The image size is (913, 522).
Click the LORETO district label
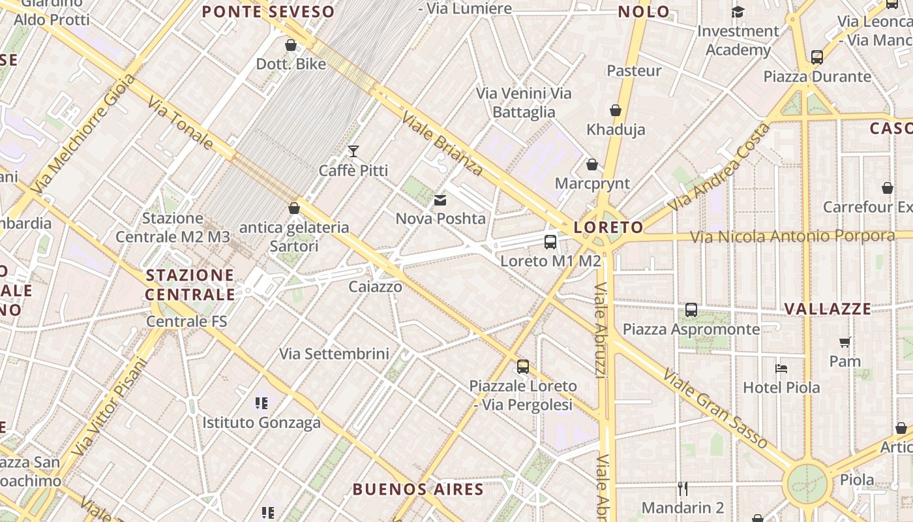tap(608, 227)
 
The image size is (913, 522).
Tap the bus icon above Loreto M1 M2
tap(550, 242)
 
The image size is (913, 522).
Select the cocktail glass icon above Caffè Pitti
tap(353, 151)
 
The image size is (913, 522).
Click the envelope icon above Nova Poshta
tap(440, 200)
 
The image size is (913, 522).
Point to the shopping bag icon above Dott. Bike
tap(291, 45)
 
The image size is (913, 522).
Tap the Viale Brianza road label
tap(443, 144)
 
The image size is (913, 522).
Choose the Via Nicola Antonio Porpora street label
tap(792, 236)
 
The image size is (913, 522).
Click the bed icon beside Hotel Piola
tap(781, 368)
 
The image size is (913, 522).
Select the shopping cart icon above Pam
tap(845, 342)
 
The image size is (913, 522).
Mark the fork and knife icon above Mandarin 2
tap(683, 488)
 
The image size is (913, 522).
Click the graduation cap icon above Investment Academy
tap(738, 12)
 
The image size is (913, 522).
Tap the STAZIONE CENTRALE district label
tap(190, 284)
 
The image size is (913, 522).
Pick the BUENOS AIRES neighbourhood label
tap(418, 489)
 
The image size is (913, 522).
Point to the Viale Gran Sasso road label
tap(715, 409)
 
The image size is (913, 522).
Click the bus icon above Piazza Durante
tap(817, 57)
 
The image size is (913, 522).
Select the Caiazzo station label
tap(375, 286)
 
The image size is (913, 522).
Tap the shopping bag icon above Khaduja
tap(616, 110)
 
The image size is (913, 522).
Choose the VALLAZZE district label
tap(827, 309)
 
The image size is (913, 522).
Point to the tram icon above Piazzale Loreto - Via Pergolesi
tap(523, 367)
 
